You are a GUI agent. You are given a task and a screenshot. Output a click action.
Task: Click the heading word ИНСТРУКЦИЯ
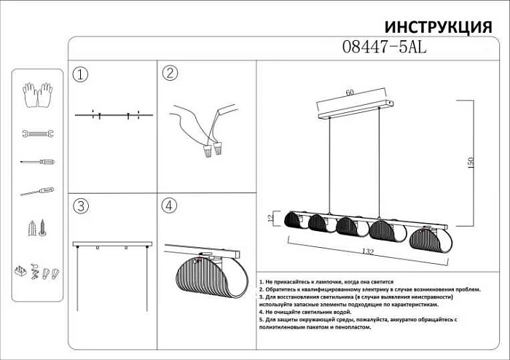coord(437,27)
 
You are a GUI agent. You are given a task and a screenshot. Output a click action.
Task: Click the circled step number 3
coord(81,206)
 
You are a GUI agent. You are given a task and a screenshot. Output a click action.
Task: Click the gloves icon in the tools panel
coord(36,95)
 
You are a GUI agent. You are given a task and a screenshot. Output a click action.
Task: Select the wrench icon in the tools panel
coord(36,134)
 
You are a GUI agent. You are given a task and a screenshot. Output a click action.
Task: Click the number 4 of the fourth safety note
coord(260,312)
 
